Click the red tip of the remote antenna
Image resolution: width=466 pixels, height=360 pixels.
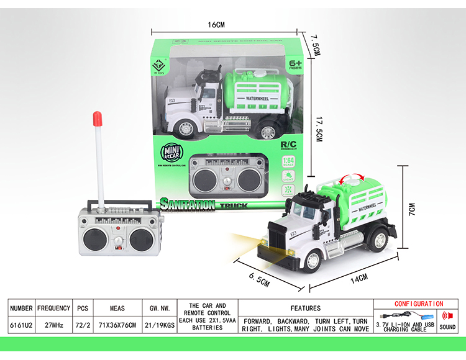(x=96, y=116)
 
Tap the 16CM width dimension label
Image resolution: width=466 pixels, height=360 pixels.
(x=216, y=25)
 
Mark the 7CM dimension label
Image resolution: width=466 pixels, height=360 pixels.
(x=412, y=211)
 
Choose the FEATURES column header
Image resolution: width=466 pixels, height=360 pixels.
(x=305, y=308)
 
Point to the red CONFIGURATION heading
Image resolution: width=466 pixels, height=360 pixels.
(x=419, y=304)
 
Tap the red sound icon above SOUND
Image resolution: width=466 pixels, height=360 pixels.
(x=447, y=315)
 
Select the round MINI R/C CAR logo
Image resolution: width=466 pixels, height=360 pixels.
(x=172, y=153)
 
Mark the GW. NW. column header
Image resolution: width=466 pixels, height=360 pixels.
(x=160, y=308)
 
